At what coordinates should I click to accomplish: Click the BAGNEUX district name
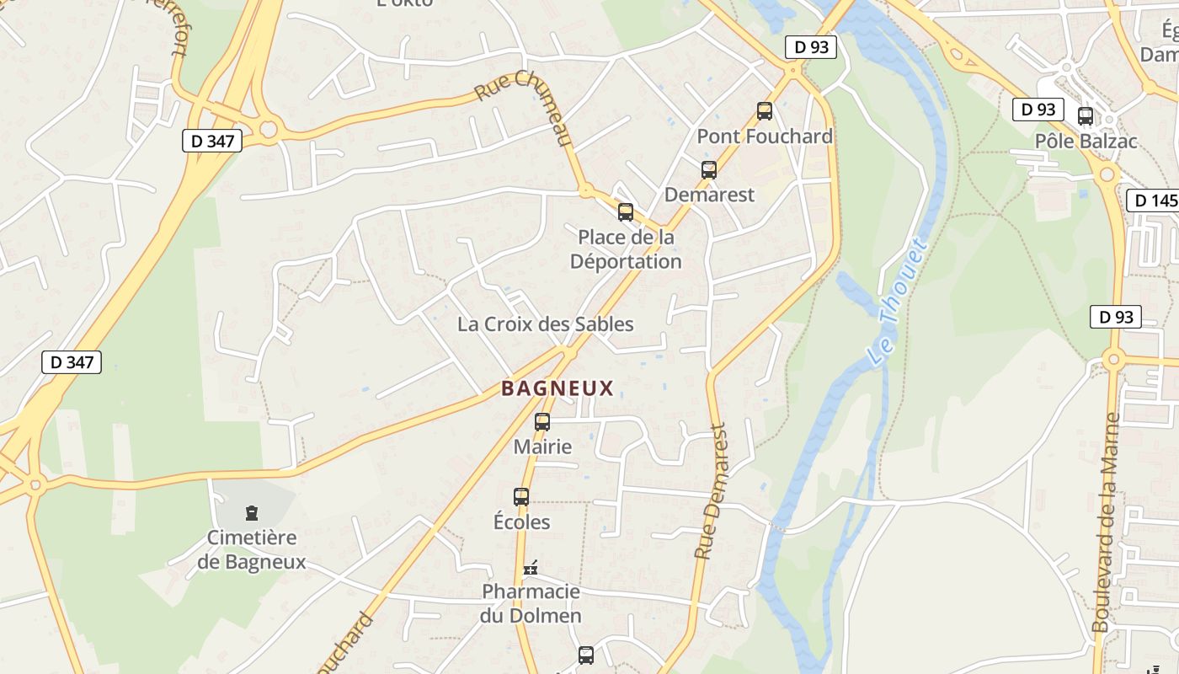[557, 388]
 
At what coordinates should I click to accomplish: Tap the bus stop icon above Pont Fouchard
[765, 110]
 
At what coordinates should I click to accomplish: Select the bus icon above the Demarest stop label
[709, 170]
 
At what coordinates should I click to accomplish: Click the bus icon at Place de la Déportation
[626, 212]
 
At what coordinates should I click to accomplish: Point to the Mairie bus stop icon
[542, 422]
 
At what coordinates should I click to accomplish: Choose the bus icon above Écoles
[521, 497]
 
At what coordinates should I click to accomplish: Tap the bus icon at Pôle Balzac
[1086, 116]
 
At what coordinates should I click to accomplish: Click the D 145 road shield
[1153, 201]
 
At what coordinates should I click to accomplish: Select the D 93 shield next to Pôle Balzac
[1038, 110]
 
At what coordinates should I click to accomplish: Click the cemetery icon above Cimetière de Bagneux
[251, 512]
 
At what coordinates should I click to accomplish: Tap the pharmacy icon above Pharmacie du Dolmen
[531, 569]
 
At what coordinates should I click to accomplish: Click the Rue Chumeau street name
[524, 107]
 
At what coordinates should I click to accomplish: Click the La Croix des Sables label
[545, 324]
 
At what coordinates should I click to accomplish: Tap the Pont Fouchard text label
[765, 136]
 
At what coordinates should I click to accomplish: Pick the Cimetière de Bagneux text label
[252, 549]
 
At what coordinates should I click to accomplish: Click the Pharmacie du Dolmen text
[531, 603]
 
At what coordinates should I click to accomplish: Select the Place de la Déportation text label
[626, 249]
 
